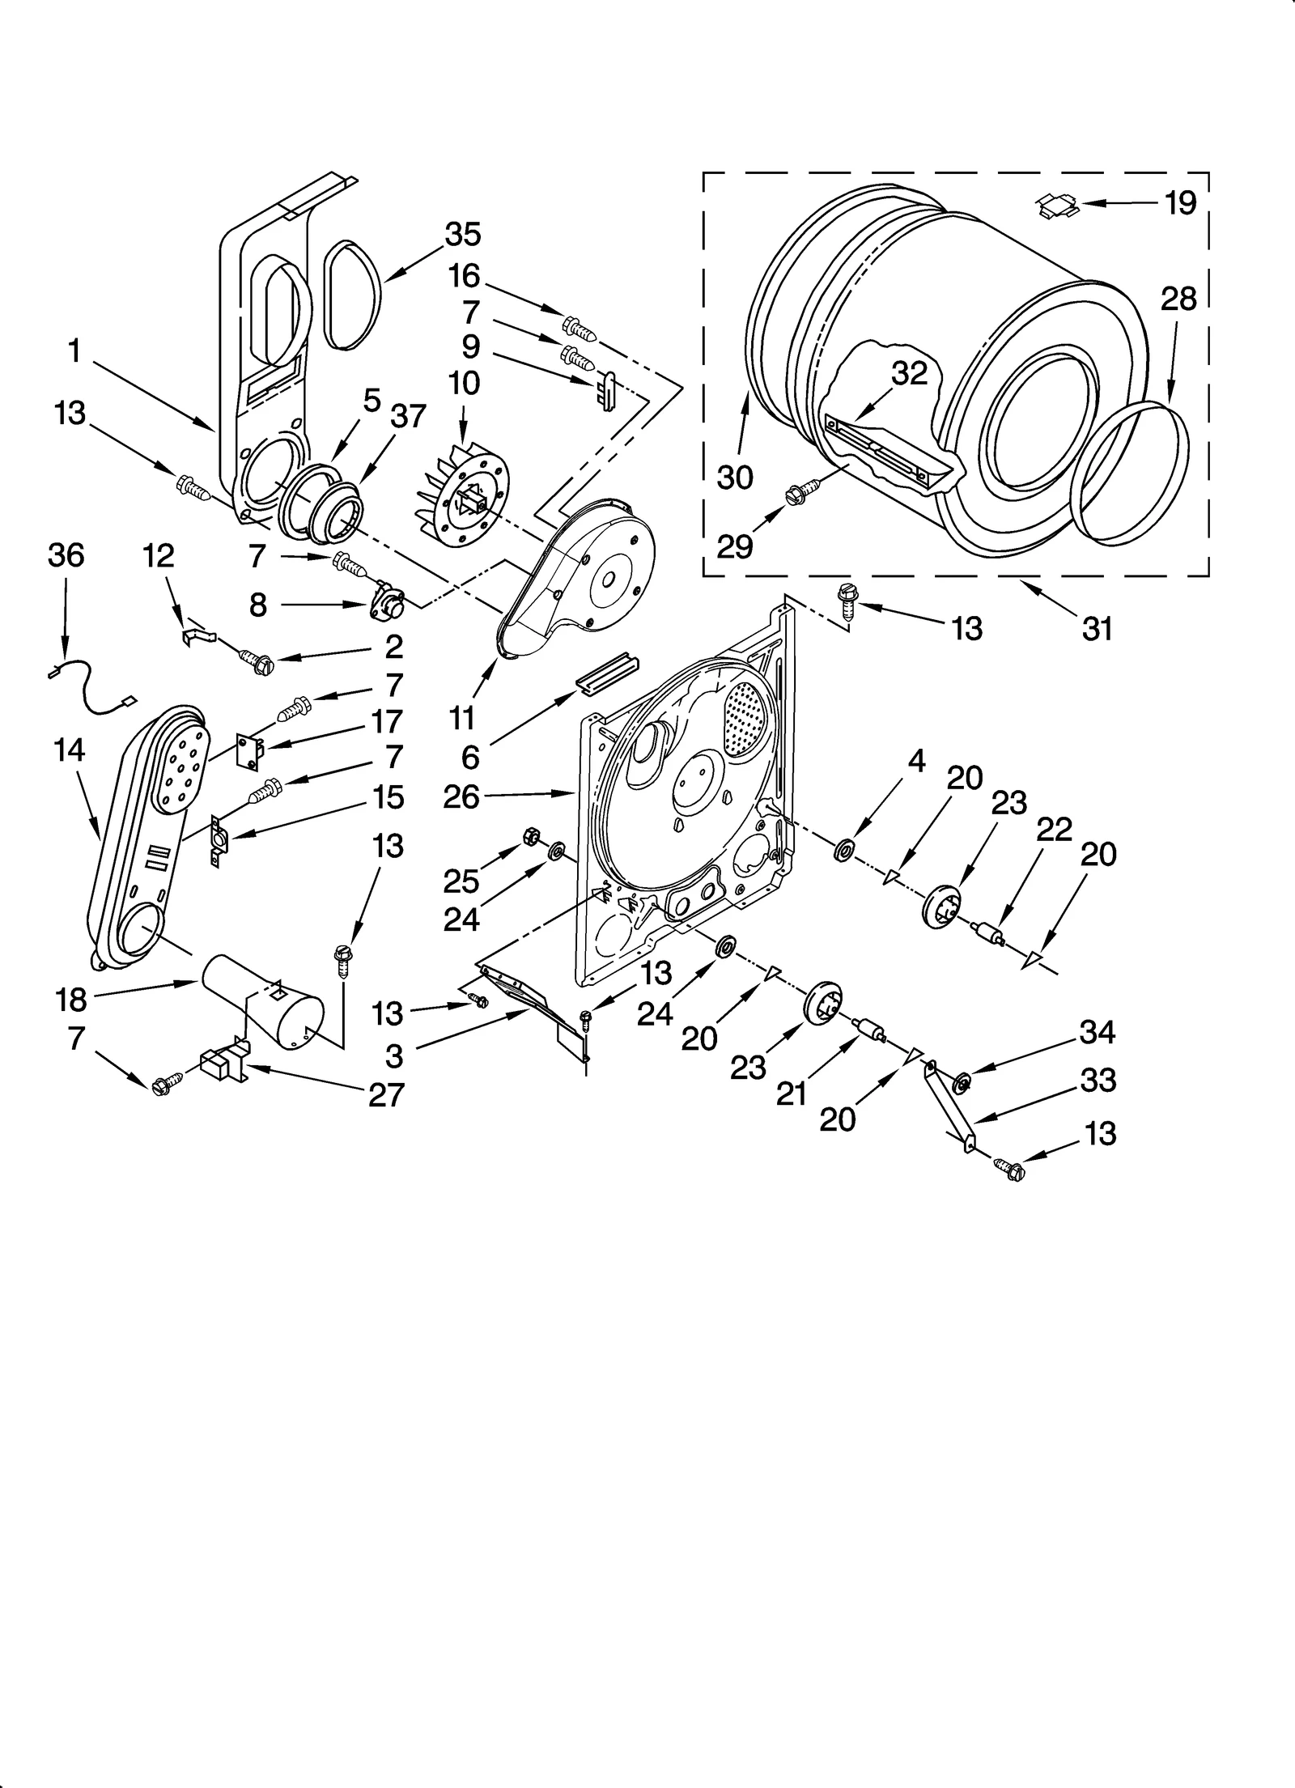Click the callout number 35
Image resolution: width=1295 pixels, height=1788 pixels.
pyautogui.click(x=463, y=235)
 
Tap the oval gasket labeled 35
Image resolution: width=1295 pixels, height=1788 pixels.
pyautogui.click(x=352, y=295)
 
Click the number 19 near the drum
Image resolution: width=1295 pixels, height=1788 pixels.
pyautogui.click(x=1180, y=203)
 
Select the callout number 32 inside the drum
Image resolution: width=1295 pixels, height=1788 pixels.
pyautogui.click(x=908, y=373)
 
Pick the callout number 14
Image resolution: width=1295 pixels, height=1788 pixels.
pyautogui.click(x=70, y=750)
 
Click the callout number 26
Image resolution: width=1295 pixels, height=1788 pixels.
pyautogui.click(x=461, y=797)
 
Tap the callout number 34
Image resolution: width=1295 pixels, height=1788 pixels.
pyautogui.click(x=1098, y=1032)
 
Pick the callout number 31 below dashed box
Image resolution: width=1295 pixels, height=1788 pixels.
pyautogui.click(x=1097, y=628)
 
